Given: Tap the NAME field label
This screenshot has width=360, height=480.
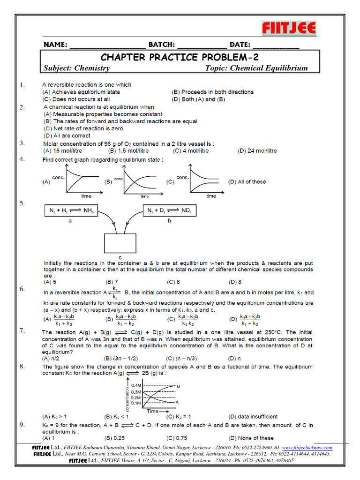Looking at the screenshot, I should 55,45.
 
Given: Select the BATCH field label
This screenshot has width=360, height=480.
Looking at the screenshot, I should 162,45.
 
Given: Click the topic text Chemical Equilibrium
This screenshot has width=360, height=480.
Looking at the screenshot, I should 256,68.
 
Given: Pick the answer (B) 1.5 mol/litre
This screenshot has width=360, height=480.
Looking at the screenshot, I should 128,151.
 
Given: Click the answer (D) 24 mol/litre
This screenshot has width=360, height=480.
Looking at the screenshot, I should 257,151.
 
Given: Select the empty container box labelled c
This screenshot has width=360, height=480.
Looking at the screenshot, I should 120,243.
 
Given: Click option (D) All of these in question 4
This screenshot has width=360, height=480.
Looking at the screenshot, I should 247,182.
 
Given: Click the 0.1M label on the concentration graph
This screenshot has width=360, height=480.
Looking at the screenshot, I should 137,403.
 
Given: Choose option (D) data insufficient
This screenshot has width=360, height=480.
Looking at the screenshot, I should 253,416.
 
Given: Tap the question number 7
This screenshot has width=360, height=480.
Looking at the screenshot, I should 22,331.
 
